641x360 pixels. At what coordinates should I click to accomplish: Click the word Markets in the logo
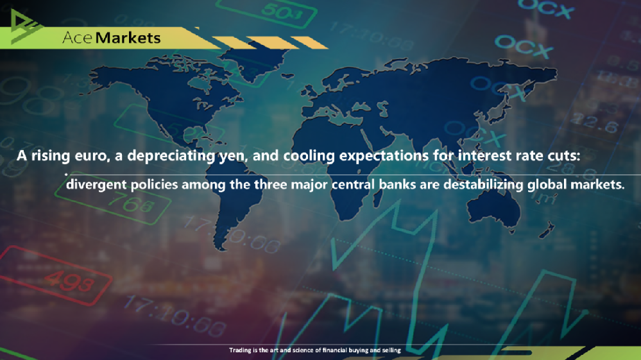128,37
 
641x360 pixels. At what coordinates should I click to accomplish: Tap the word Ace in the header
78,37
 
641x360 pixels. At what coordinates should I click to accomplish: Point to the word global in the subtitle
547,185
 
